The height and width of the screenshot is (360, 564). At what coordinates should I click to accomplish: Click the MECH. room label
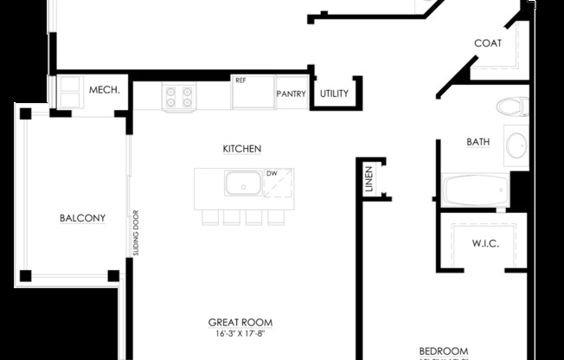coord(104,90)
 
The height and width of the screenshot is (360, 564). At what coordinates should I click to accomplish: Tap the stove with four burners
coord(178,97)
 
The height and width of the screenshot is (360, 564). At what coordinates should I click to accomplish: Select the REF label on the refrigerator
coord(240,80)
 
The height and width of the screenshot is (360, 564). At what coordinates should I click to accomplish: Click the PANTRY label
coord(291,94)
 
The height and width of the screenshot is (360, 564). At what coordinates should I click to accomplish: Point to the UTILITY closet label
coord(335,93)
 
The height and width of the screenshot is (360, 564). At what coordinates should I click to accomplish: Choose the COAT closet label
coord(488,43)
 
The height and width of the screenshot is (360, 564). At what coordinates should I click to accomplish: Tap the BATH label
coord(478,142)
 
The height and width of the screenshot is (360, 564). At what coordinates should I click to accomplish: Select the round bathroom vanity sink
coord(516,146)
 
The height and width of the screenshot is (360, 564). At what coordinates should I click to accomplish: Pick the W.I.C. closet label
coord(484,243)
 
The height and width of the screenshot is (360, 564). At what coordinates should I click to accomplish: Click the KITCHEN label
coord(242,149)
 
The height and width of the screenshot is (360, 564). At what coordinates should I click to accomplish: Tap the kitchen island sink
coord(243,183)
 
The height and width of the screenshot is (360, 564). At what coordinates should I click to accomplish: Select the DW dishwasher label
coord(272,173)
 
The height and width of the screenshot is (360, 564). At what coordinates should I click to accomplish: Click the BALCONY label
coord(82,218)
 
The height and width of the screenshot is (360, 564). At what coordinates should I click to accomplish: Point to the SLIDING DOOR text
coord(136,234)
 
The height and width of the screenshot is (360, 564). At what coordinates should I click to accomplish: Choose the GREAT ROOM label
coord(234,322)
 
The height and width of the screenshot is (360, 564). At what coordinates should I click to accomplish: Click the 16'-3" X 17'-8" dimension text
coord(234,333)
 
